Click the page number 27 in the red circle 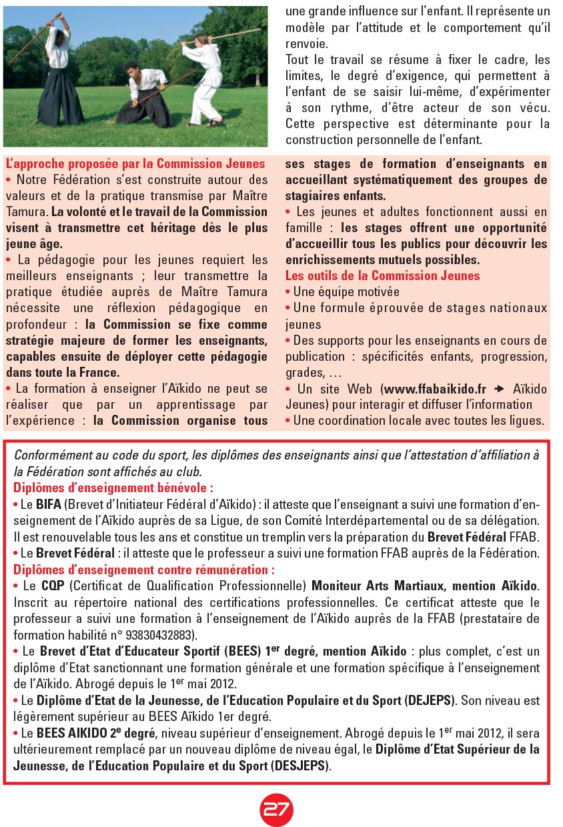click(276, 809)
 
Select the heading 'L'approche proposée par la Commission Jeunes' click(135, 164)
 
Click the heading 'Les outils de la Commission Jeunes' click(382, 275)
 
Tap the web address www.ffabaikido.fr click(435, 389)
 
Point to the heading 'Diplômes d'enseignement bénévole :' click(113, 488)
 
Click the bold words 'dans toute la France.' click(63, 372)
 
